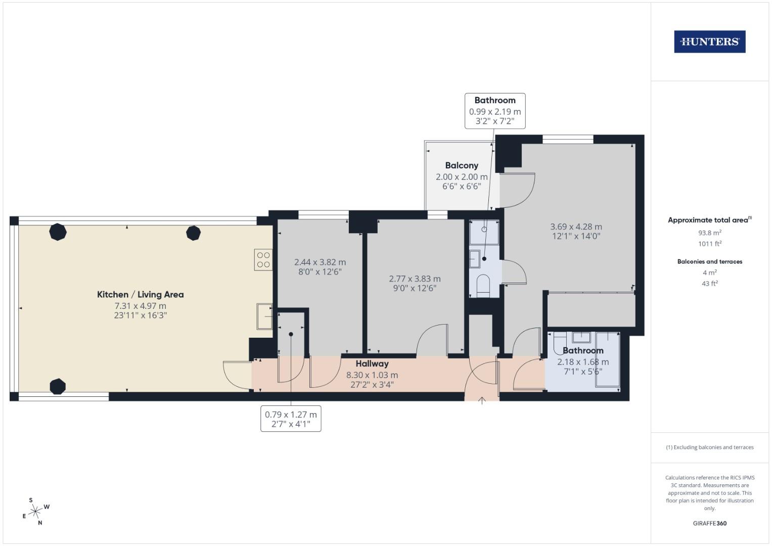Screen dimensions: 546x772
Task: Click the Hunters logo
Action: pyautogui.click(x=709, y=42)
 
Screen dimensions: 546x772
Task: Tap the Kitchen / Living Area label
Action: pyautogui.click(x=140, y=294)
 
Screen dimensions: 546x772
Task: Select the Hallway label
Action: pyautogui.click(x=372, y=363)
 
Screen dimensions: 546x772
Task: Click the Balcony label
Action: pyautogui.click(x=462, y=165)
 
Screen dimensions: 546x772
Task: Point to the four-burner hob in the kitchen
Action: pyautogui.click(x=263, y=260)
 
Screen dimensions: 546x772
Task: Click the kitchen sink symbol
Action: pyautogui.click(x=264, y=316)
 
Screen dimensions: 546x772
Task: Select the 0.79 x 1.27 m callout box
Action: pyautogui.click(x=291, y=419)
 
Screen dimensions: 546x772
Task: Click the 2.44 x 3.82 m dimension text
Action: pyautogui.click(x=320, y=262)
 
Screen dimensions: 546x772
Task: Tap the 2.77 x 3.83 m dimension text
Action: pyautogui.click(x=415, y=279)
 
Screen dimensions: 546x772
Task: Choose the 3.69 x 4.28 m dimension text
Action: pyautogui.click(x=576, y=227)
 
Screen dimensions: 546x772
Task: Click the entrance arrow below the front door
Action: pyautogui.click(x=482, y=401)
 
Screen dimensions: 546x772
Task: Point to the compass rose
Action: pyautogui.click(x=35, y=512)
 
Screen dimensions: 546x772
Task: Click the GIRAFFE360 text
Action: pyautogui.click(x=709, y=523)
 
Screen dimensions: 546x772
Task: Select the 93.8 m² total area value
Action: pyautogui.click(x=709, y=233)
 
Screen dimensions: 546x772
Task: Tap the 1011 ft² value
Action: pyautogui.click(x=709, y=244)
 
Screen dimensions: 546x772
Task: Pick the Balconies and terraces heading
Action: pyautogui.click(x=709, y=261)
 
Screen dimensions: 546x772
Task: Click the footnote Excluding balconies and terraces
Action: pyautogui.click(x=709, y=447)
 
